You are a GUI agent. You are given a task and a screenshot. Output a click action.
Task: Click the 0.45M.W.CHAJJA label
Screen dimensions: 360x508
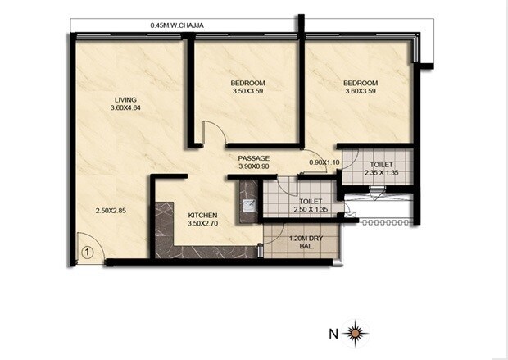(x=179, y=25)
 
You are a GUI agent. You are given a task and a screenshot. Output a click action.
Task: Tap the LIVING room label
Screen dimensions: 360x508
(x=125, y=100)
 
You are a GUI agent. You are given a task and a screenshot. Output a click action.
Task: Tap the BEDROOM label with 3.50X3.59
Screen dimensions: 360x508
(x=247, y=84)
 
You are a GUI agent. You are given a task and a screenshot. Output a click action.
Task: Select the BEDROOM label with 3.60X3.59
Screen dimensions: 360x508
(x=361, y=84)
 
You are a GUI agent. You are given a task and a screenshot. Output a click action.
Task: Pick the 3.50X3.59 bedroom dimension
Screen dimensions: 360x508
(x=247, y=92)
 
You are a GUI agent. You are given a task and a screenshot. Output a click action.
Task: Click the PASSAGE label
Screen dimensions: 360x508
(x=254, y=158)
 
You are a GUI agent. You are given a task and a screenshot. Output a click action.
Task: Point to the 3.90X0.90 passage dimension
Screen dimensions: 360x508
(x=254, y=166)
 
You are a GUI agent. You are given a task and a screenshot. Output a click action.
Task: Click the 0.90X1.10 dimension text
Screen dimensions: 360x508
(x=324, y=162)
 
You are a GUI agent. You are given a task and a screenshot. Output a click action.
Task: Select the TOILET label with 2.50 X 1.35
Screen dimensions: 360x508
(x=309, y=200)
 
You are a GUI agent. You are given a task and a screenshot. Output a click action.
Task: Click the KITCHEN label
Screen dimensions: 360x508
(x=202, y=214)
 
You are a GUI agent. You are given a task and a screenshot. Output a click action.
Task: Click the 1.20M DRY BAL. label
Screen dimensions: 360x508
(x=305, y=243)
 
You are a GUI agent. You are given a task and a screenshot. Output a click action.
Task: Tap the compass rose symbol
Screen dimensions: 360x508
(x=355, y=333)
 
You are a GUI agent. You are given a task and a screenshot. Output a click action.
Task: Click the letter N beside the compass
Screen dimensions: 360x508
(x=332, y=334)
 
